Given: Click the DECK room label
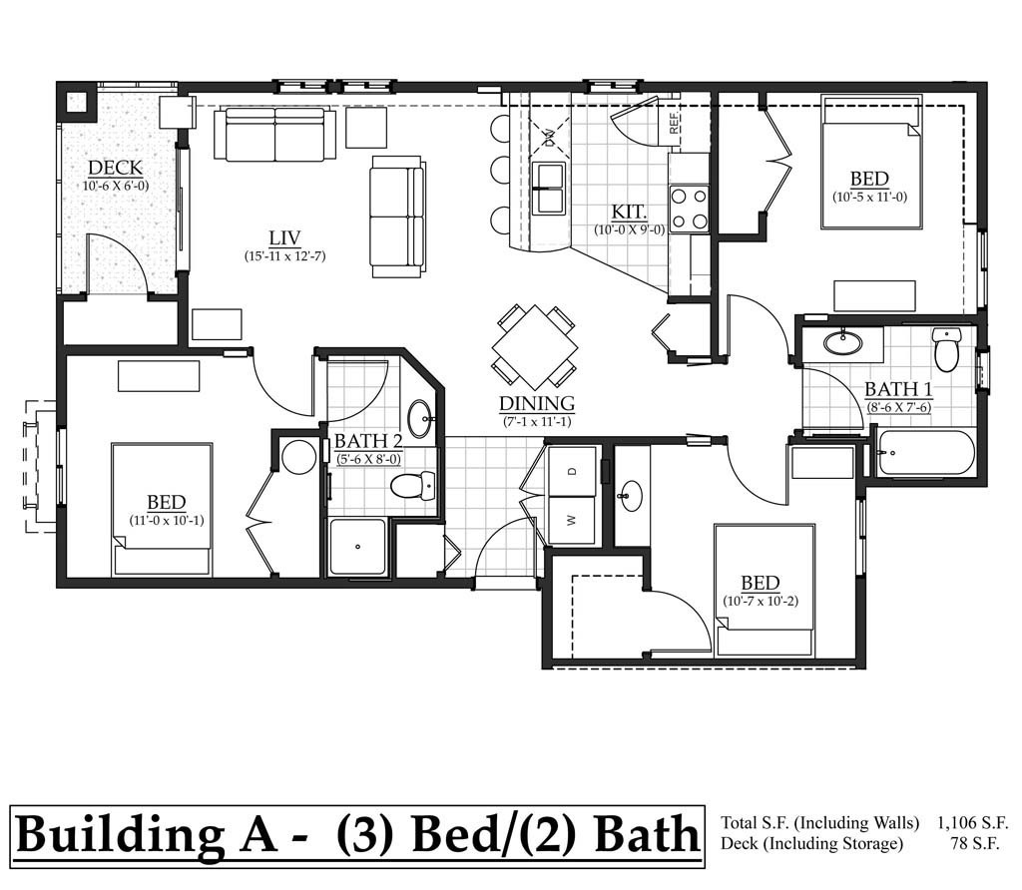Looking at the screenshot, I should [x=115, y=168].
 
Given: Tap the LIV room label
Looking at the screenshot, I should [x=284, y=237].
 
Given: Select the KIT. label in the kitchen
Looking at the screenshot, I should [x=630, y=212].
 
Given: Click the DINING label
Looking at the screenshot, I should [x=538, y=404].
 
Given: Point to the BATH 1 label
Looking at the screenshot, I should [x=898, y=389].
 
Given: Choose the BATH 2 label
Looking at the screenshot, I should [x=368, y=441].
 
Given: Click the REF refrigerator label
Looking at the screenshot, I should [x=675, y=123].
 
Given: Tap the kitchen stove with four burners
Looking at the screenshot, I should [x=689, y=209].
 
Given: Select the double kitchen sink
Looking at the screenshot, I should [x=549, y=189].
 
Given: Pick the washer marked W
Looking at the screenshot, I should [x=572, y=520].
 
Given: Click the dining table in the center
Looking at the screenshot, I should [x=535, y=346].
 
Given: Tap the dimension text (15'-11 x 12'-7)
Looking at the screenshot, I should [x=284, y=256].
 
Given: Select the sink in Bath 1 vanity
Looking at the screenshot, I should [x=843, y=343].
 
